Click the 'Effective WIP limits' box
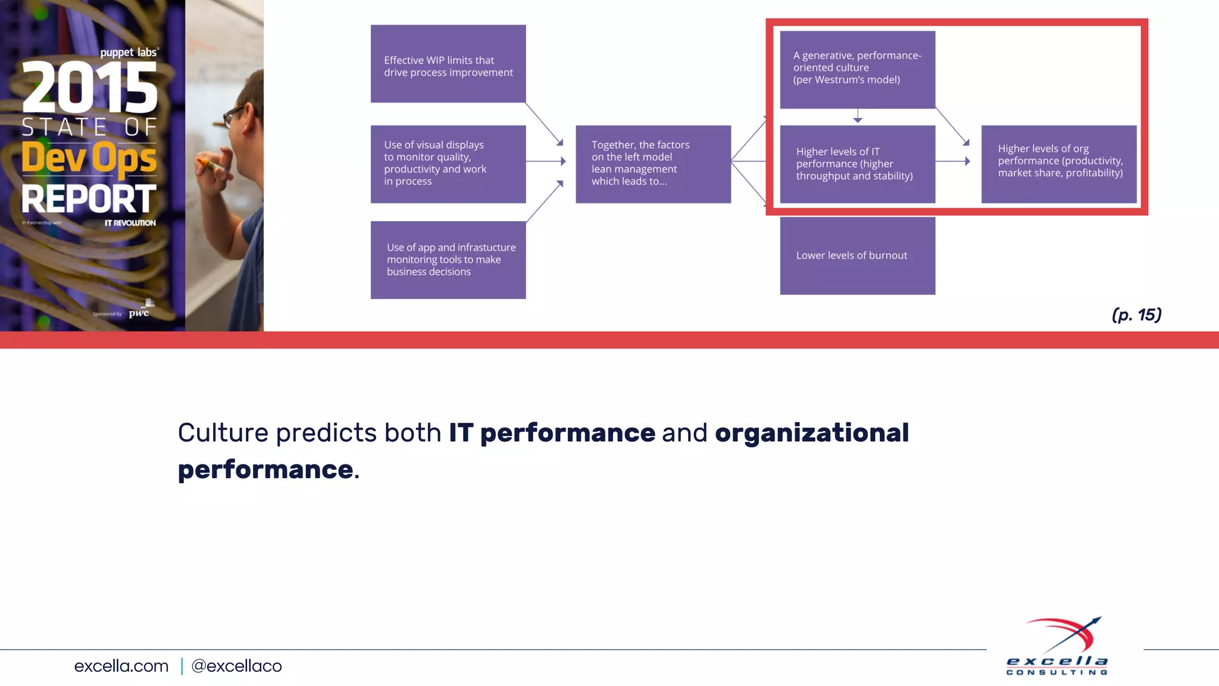coord(448,64)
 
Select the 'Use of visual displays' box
coord(448,164)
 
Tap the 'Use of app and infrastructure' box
coord(448,260)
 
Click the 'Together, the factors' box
coord(653,164)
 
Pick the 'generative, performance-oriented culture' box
coord(857,69)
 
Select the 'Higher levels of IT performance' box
coord(857,164)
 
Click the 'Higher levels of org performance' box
coord(1058,164)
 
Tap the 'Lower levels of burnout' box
coord(857,255)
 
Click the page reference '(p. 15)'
coord(1136,314)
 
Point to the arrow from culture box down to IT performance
coord(857,116)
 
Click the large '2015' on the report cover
coord(90,88)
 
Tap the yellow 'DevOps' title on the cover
coord(89,158)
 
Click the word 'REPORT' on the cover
coord(89,199)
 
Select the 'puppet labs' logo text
coord(129,52)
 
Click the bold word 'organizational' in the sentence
coord(811,433)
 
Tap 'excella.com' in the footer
coord(121,666)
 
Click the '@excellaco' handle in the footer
coord(236,666)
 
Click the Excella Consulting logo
coord(1058,647)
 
